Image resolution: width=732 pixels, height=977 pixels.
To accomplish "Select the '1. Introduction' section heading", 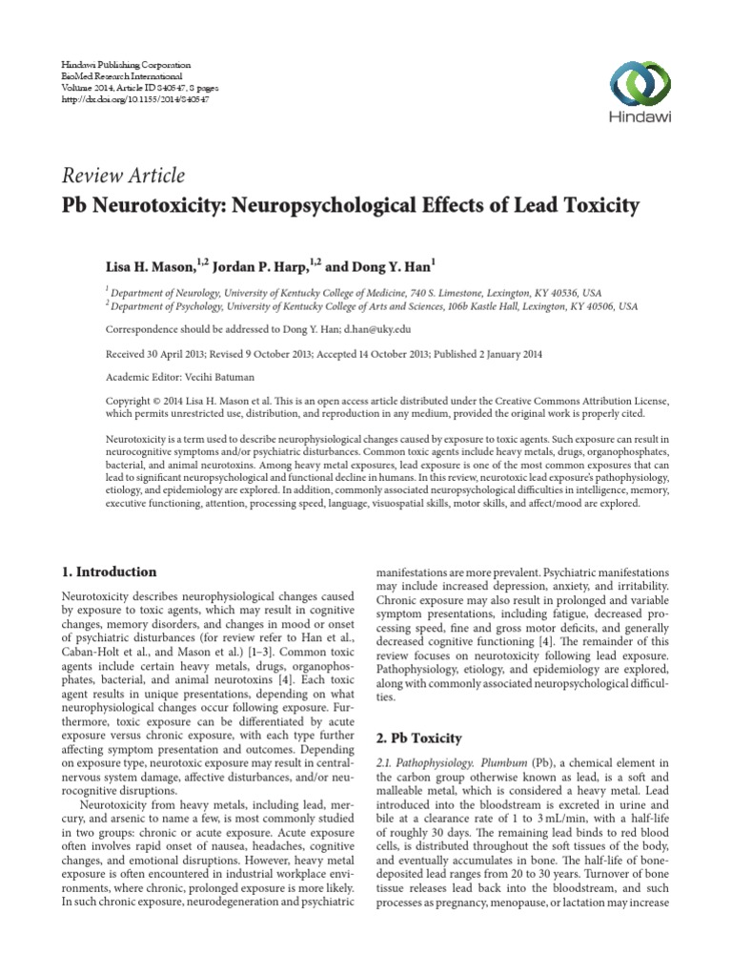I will pos(109,572).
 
